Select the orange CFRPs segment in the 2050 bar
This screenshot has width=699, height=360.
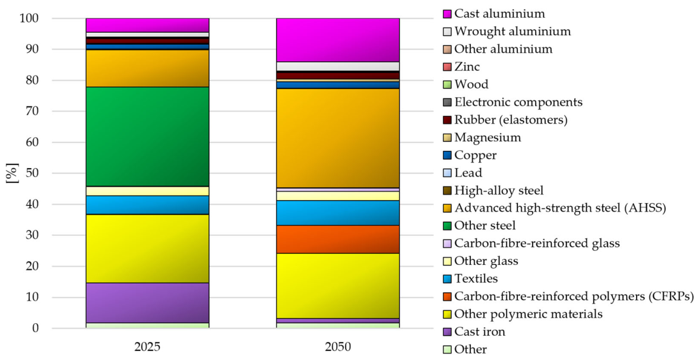click(337, 239)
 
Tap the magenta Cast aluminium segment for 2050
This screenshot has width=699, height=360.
click(337, 40)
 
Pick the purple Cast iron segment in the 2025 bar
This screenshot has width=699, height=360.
click(147, 302)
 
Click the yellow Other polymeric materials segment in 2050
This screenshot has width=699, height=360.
click(337, 286)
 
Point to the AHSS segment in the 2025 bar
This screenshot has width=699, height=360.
click(147, 68)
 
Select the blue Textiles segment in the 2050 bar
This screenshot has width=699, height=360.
click(337, 213)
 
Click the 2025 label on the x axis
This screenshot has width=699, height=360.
click(147, 347)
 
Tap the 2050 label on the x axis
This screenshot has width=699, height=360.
click(337, 347)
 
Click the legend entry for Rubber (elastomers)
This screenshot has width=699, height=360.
click(505, 120)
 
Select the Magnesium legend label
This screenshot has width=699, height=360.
click(488, 138)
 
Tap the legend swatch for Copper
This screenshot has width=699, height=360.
click(447, 156)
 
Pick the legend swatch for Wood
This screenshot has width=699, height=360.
click(447, 85)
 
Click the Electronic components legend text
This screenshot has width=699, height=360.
click(518, 103)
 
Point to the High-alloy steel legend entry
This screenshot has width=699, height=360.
click(493, 191)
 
